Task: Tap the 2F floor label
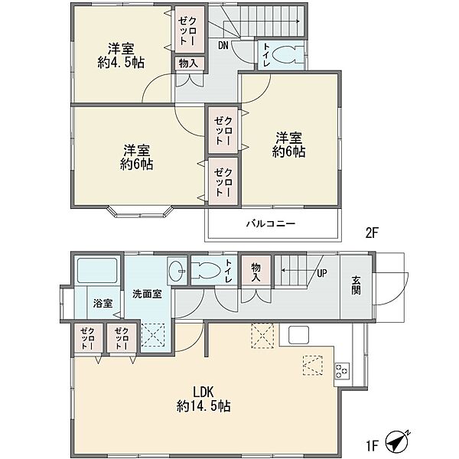[372, 233]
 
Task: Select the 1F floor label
[373, 446]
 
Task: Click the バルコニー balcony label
[271, 224]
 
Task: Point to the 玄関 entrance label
[356, 285]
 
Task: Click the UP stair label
[322, 273]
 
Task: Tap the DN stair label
[223, 45]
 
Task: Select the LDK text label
[203, 392]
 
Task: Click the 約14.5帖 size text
[203, 406]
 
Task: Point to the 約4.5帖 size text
[121, 63]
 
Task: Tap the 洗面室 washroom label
[147, 294]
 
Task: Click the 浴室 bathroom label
[103, 303]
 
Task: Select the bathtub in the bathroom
[97, 270]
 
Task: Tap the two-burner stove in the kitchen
[342, 371]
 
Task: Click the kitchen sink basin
[298, 334]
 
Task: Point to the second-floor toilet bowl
[288, 54]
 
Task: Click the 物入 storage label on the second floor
[188, 63]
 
